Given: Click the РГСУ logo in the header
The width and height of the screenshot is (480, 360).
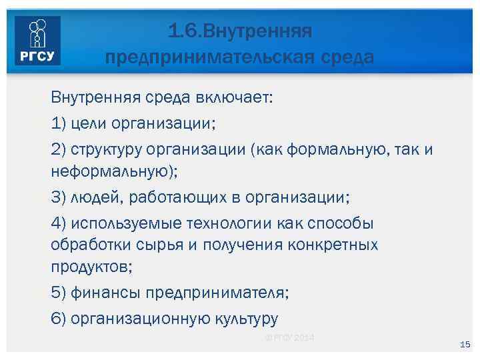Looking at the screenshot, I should [37, 41].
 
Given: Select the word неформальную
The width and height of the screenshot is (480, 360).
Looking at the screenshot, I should [110, 171].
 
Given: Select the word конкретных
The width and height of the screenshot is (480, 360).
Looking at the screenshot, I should [333, 244].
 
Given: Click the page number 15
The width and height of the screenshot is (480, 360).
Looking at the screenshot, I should [465, 344].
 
